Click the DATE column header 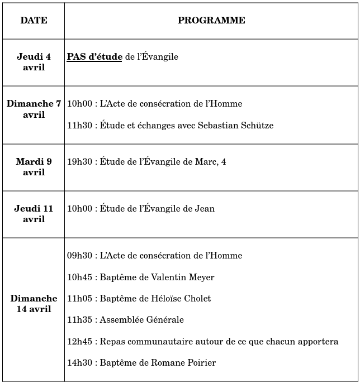coord(34,21)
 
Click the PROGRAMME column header coord(211,21)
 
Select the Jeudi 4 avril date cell coord(34,62)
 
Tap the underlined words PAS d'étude coord(94,57)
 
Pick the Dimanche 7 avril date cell coord(34,109)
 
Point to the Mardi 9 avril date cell coord(34,167)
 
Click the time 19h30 coord(79,162)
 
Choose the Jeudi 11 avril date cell coord(34,214)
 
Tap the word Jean coord(205,209)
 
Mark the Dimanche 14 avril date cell coord(34,304)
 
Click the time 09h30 coord(79,256)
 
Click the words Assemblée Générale coord(141,320)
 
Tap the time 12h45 coord(79,341)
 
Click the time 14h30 coord(79,363)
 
